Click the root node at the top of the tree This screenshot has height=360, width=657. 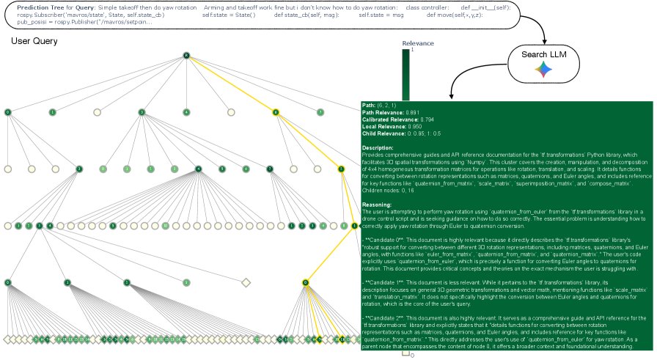coord(186,55)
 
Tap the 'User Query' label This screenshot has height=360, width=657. coord(34,41)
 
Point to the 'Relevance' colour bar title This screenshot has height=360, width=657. coord(419,43)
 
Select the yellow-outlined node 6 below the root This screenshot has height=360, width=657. coord(276,112)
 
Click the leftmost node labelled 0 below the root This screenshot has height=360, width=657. coord(7,112)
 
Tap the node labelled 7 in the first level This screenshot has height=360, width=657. coord(320,112)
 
